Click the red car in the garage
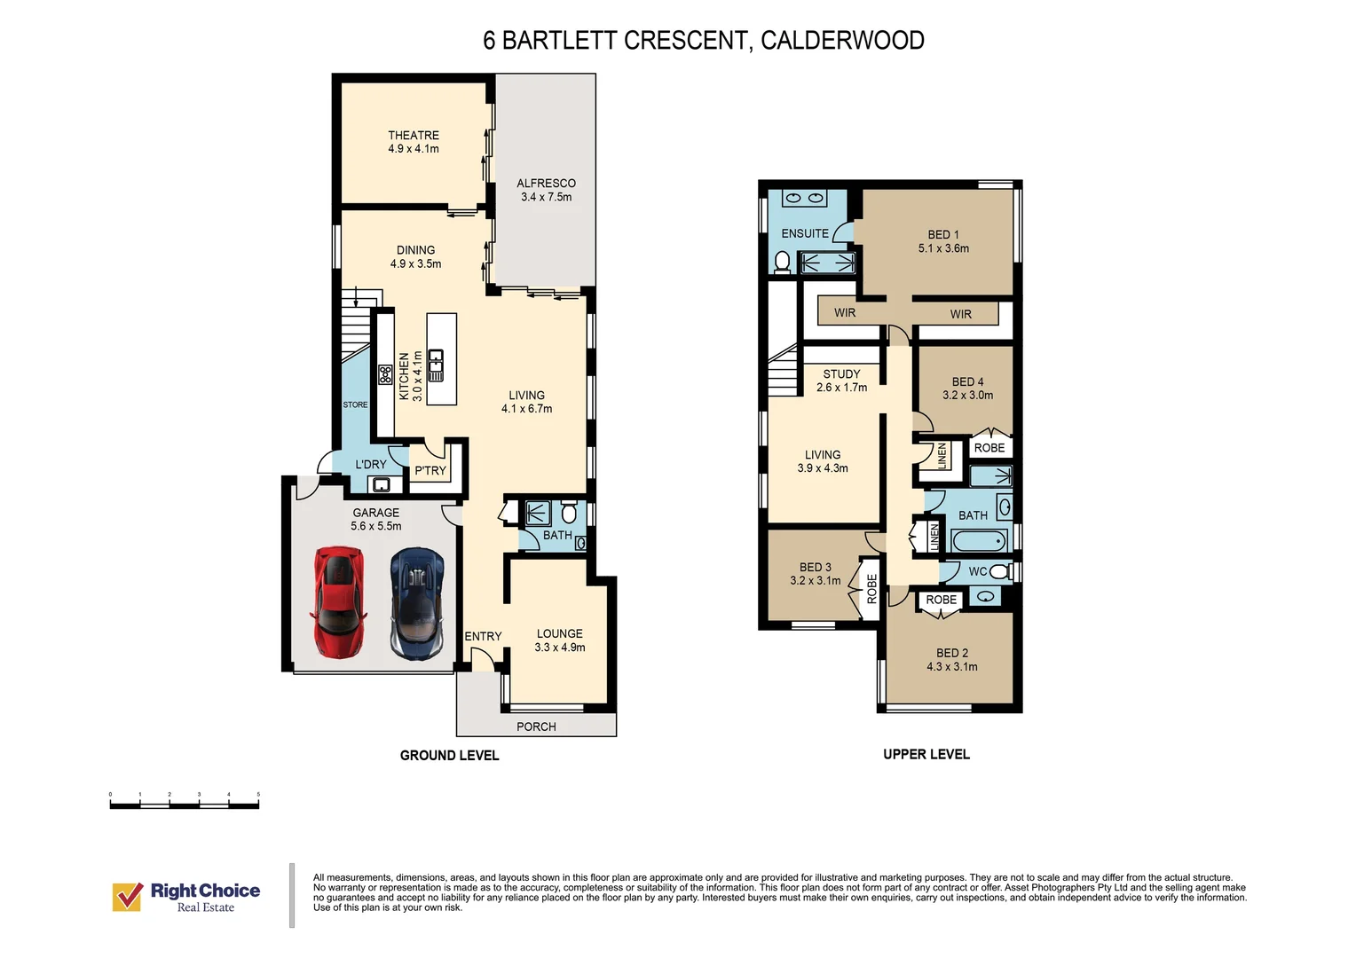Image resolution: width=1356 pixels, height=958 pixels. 338,602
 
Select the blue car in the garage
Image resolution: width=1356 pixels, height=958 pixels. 416,602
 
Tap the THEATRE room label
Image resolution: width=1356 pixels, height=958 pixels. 414,136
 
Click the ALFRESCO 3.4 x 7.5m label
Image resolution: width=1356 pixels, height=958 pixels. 546,190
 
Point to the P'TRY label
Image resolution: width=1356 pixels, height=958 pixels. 430,471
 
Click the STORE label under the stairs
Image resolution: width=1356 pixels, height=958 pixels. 355,404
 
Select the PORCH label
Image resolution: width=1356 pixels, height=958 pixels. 536,726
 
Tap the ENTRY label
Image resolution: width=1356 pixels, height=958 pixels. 483,636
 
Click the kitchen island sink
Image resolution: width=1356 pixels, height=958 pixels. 436,364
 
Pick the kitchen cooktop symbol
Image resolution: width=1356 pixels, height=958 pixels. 385,374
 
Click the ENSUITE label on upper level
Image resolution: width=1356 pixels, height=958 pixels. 805,233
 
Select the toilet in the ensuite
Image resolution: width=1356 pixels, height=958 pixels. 782,262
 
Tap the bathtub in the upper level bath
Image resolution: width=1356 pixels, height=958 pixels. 979,540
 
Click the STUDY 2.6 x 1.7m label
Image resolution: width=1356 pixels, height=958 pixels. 841,381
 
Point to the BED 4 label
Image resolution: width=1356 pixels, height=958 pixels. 967,381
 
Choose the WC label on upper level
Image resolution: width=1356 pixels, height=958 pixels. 977,571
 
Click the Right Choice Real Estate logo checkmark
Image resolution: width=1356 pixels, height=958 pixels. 128,896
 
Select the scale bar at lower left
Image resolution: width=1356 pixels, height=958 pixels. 184,805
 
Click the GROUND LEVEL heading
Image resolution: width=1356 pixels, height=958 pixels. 449,756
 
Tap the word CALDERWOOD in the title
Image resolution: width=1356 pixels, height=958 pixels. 842,41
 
